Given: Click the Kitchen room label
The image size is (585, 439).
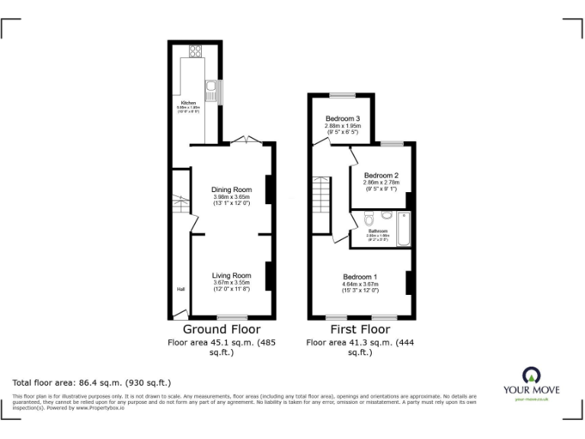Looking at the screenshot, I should (x=188, y=103).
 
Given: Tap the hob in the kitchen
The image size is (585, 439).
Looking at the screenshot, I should (x=196, y=52).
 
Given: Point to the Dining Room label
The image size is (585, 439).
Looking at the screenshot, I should (x=232, y=190).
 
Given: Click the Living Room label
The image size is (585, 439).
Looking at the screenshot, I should (x=232, y=275).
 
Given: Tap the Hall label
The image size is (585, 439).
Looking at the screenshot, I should (x=181, y=290).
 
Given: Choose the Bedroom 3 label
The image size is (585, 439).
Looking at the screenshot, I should (x=343, y=119).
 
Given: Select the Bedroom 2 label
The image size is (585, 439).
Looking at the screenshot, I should (x=382, y=176).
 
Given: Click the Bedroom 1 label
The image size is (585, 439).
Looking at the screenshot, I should (x=360, y=277).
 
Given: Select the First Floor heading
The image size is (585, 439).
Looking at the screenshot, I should (x=360, y=330).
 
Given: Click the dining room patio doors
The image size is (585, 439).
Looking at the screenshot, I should (x=247, y=140).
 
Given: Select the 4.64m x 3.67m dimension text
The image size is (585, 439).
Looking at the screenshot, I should (x=360, y=284).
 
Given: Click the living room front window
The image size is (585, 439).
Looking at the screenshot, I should (x=232, y=317).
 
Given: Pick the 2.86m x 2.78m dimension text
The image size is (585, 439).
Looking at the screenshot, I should (x=382, y=184).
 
